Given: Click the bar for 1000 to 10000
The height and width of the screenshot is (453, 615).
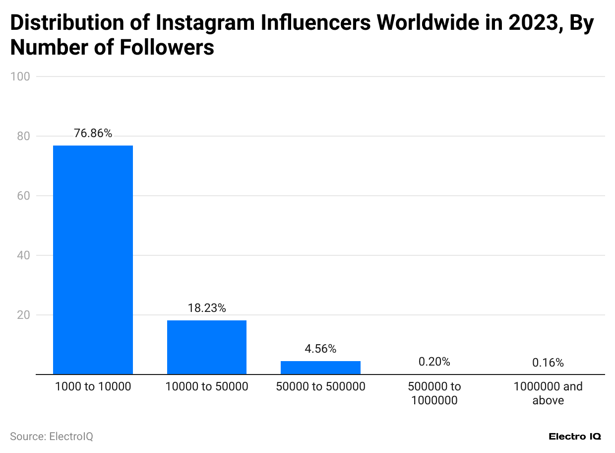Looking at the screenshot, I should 93,260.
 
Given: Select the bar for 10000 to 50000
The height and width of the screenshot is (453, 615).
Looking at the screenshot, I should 207,347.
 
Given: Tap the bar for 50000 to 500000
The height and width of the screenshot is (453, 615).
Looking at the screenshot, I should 320,368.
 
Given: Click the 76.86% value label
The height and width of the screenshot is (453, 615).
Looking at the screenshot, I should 93,134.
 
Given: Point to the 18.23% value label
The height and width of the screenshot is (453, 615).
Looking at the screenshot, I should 207,308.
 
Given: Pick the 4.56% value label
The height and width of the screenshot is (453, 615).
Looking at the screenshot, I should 320,349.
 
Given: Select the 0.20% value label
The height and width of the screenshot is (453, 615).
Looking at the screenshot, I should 434,362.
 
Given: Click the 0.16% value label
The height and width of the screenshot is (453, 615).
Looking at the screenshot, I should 548,363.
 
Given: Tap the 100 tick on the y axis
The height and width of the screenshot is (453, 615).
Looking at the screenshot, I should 22,76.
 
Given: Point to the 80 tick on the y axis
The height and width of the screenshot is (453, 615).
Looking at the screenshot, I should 24,136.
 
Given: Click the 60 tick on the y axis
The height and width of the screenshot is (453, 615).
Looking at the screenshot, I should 24,196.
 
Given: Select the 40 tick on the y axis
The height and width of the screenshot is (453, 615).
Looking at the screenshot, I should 24,255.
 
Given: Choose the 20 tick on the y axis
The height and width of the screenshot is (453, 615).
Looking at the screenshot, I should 24,315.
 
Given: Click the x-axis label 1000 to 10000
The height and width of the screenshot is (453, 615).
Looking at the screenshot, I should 93,386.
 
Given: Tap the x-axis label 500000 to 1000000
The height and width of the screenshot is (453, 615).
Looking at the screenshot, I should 434,393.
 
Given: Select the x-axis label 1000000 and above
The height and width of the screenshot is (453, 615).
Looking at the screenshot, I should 548,393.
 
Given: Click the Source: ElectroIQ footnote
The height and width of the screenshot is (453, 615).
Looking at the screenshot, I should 52,437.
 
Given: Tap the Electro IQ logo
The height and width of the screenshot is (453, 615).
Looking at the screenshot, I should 574,437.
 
